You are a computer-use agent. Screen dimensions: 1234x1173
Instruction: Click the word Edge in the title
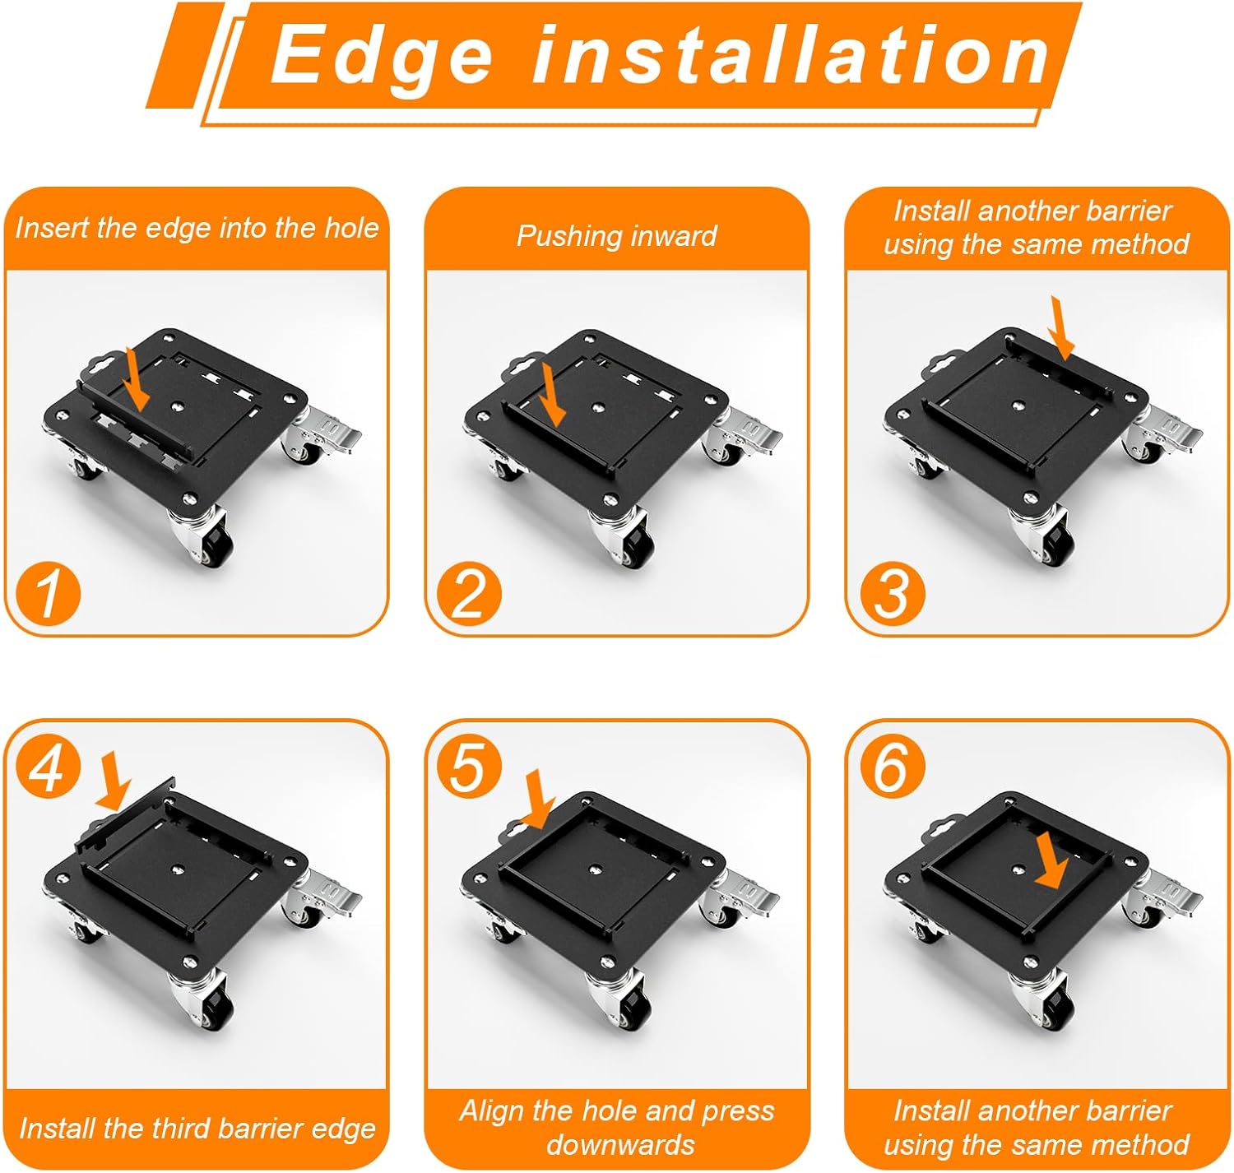tap(382, 58)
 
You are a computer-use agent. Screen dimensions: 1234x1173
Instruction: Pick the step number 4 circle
tap(49, 766)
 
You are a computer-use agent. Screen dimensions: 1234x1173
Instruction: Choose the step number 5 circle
tap(469, 766)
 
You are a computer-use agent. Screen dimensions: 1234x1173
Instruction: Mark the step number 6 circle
tap(891, 766)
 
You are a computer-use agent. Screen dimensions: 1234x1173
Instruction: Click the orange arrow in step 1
tap(137, 379)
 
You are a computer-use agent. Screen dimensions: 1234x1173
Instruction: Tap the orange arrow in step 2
tap(552, 396)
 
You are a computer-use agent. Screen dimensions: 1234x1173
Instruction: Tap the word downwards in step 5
tap(621, 1143)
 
